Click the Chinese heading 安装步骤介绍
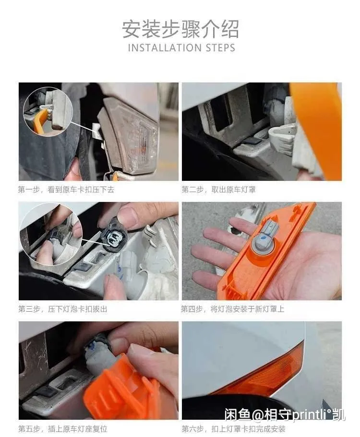pos(180,29)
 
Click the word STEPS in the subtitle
pos(221,47)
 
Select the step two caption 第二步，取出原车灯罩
pos(218,190)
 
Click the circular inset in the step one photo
pos(48,111)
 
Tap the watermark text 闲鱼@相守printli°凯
pos(285,414)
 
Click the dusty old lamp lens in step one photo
pos(128,134)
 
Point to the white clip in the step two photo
pos(282,139)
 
